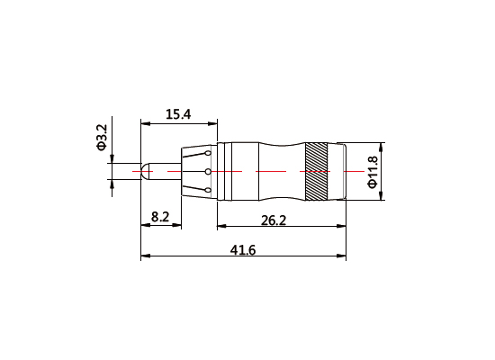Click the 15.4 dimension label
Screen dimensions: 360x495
point(178,114)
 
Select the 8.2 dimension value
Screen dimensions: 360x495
point(161,216)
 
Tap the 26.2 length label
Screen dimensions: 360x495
point(274,220)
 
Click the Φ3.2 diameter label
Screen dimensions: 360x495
point(102,138)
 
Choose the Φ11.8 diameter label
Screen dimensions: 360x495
point(373,171)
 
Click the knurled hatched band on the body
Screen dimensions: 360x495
point(316,171)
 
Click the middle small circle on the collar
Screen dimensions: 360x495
point(208,171)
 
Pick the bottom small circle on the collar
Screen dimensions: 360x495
point(208,190)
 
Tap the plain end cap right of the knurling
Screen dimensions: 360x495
point(337,171)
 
